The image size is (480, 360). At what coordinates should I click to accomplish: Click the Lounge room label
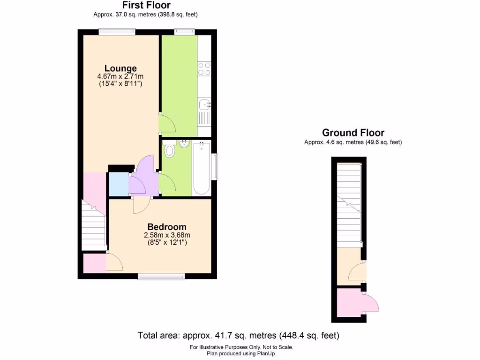(x=120, y=68)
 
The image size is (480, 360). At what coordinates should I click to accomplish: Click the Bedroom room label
(x=167, y=227)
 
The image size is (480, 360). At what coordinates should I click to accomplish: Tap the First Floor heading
(x=146, y=6)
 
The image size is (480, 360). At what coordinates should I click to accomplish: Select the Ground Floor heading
(x=353, y=133)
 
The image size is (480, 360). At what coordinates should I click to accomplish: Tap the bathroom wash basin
(x=184, y=143)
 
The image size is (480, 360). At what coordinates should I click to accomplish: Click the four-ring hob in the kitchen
(x=204, y=69)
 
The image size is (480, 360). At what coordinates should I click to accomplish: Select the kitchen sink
(x=204, y=105)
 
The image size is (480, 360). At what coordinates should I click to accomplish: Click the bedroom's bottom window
(x=161, y=277)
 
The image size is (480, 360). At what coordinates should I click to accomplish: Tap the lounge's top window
(x=117, y=31)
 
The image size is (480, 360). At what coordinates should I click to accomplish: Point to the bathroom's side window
(x=215, y=166)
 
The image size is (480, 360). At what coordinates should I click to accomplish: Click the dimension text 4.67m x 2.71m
(x=120, y=76)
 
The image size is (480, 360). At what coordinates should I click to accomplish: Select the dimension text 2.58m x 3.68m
(x=167, y=235)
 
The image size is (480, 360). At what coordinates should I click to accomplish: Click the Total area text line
(x=238, y=336)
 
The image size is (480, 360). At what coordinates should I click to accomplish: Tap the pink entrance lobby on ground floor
(x=349, y=303)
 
